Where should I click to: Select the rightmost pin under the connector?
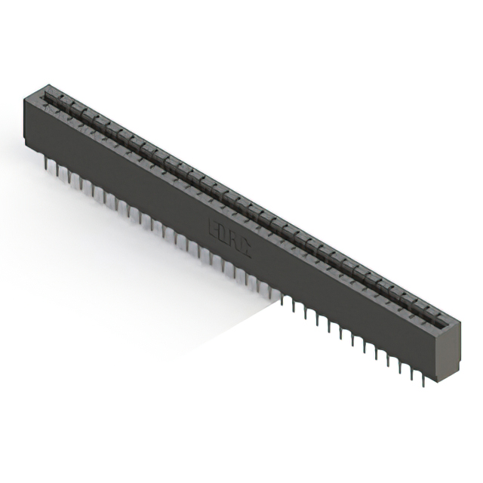(x=423, y=380)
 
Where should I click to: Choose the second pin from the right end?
(x=412, y=374)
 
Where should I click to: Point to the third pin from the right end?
(x=400, y=368)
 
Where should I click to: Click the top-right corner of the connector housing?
(x=460, y=315)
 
